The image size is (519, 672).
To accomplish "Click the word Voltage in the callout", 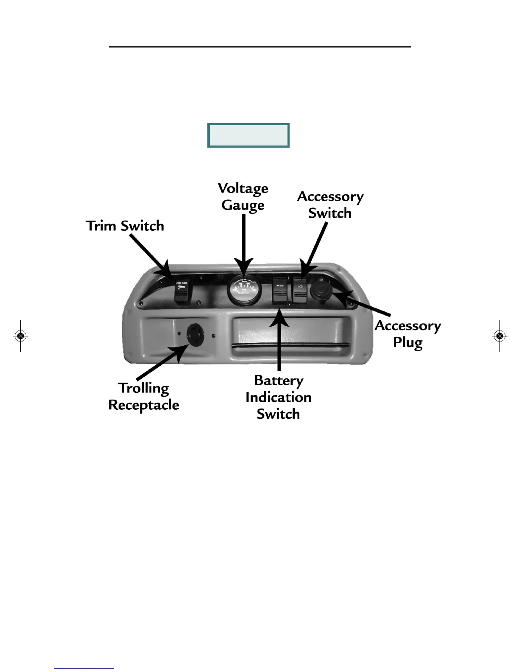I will point(243,188).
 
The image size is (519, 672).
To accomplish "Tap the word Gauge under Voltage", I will point(243,205).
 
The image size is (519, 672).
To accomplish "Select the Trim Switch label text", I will point(125,226).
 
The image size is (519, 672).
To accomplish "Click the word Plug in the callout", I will point(407,342).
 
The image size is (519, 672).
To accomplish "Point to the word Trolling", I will point(144,388).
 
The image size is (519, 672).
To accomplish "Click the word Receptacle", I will point(144,405).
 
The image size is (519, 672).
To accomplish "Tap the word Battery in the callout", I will point(279,381).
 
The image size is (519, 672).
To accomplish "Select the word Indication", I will point(279,397).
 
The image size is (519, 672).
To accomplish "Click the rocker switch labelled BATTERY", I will point(280,290).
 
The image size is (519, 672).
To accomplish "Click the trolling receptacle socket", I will point(195,335).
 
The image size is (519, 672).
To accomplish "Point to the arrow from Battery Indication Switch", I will point(279,339).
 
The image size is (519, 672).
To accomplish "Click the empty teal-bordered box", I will point(248,135).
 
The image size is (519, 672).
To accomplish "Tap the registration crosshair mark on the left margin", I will point(20,336).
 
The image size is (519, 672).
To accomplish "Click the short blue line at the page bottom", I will point(84,668).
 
